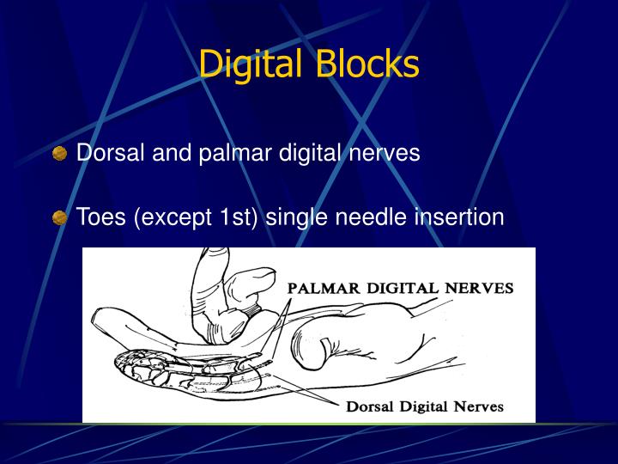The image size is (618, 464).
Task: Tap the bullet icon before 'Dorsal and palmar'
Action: [x=59, y=154]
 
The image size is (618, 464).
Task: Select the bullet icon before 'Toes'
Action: [x=59, y=218]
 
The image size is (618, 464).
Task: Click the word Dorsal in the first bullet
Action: [x=112, y=153]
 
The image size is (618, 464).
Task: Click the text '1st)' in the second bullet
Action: [x=237, y=217]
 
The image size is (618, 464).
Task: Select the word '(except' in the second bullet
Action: [x=173, y=218]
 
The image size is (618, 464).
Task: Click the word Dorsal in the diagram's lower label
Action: [x=372, y=404]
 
